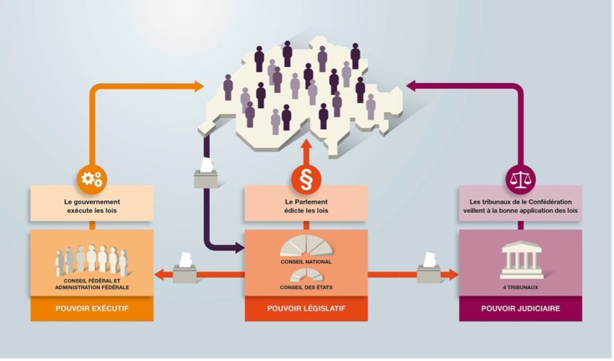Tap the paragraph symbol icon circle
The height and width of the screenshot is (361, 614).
pyautogui.click(x=306, y=179)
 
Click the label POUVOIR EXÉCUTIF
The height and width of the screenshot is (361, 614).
pyautogui.click(x=92, y=309)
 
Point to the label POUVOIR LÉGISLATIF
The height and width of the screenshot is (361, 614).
pyautogui.click(x=306, y=309)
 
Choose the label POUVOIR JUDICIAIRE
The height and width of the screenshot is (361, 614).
pyautogui.click(x=520, y=309)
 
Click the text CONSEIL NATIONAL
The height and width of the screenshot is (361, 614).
pyautogui.click(x=306, y=262)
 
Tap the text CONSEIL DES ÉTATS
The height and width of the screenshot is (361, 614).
pyautogui.click(x=306, y=287)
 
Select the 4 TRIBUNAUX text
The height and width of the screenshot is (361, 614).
pyautogui.click(x=520, y=287)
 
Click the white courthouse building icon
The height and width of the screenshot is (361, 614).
pyautogui.click(x=520, y=259)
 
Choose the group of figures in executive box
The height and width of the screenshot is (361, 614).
pyautogui.click(x=92, y=260)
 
